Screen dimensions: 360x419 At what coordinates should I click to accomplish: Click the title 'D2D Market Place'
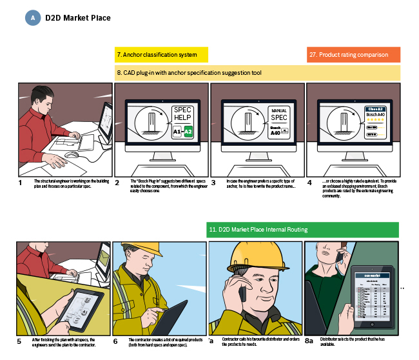tap(77, 18)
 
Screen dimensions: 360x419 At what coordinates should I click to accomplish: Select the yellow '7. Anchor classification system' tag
tap(161, 55)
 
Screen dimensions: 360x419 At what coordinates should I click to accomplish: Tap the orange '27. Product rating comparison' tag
tap(353, 55)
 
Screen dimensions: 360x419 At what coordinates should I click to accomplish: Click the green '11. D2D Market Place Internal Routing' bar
tap(258, 230)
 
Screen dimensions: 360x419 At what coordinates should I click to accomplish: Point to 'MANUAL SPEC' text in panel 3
tap(279, 114)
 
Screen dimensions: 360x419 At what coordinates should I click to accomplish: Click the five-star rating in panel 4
tap(375, 120)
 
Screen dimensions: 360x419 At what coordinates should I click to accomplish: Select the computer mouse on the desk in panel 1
tap(72, 155)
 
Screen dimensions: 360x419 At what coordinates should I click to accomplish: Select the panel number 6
tap(115, 341)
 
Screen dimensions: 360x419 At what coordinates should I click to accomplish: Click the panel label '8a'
tap(309, 341)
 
